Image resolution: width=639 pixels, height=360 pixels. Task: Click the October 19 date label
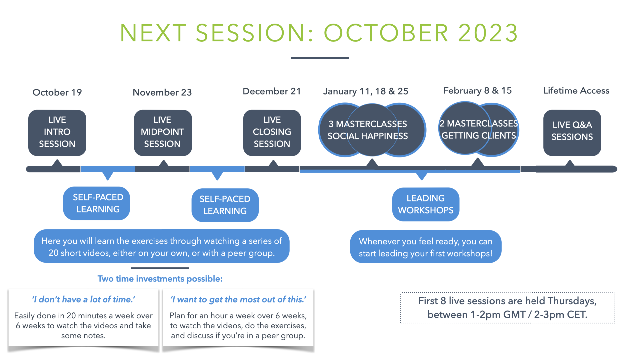pos(57,92)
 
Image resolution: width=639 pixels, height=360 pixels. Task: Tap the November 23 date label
pos(162,92)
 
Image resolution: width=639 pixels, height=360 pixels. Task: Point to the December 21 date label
pos(272,91)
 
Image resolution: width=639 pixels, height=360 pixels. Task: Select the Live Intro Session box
pos(57,133)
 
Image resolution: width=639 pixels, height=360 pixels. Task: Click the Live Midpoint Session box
pos(163,133)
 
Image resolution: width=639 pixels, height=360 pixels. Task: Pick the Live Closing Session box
pos(272,133)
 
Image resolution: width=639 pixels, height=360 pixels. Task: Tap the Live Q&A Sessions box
pos(572,133)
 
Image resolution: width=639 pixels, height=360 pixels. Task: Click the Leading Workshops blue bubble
pos(426,204)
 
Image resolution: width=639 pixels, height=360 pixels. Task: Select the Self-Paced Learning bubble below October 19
pos(97,203)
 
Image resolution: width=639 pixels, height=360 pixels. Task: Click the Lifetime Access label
pos(576,90)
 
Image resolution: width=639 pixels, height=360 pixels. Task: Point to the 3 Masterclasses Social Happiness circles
pos(372,130)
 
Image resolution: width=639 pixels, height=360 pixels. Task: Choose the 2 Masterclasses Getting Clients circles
pos(479,129)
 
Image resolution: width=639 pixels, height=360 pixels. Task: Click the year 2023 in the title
pos(488,33)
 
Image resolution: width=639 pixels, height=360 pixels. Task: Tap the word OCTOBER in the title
pos(386,33)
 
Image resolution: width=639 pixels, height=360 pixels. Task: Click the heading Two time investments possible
pos(160,279)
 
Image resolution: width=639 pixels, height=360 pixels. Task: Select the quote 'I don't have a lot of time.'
pos(84,299)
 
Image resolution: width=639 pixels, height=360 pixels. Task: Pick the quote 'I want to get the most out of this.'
pos(238,299)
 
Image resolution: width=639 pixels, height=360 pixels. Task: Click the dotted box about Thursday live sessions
pos(508,308)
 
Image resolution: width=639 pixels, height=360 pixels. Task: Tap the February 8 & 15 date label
pos(477,90)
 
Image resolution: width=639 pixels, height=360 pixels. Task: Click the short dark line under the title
pos(320,58)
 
